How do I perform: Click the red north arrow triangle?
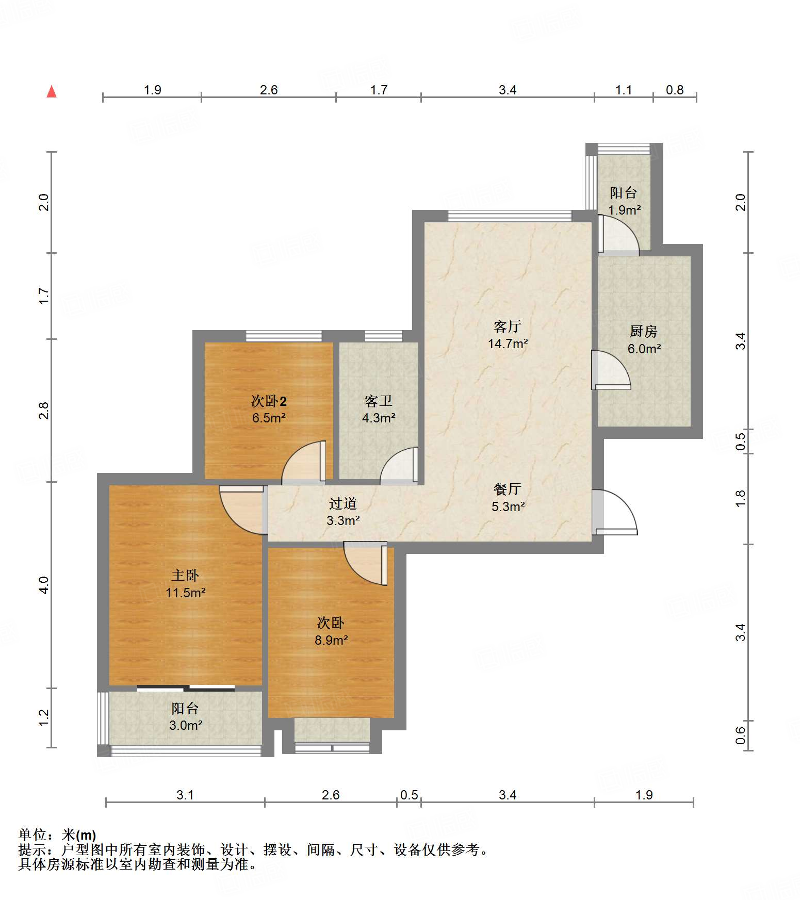pos(52,91)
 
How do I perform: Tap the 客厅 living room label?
pos(508,326)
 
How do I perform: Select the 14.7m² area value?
pos(508,343)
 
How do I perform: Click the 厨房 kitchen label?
pos(644,331)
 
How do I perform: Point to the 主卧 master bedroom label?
pos(185,575)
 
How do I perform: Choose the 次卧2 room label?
pos(269,401)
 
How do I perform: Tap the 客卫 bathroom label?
pos(379,401)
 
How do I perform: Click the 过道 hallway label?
pos(343,503)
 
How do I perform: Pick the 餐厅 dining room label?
pos(508,489)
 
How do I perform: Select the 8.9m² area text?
pos(331,640)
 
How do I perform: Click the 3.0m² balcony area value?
pos(186,725)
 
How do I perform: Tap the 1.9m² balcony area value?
pos(624,210)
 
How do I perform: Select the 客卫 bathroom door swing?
pos(399,466)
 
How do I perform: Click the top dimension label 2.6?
pos(269,90)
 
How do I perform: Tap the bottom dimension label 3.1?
pos(185,795)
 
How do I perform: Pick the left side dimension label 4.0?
pos(44,585)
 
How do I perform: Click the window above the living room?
pos(510,216)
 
